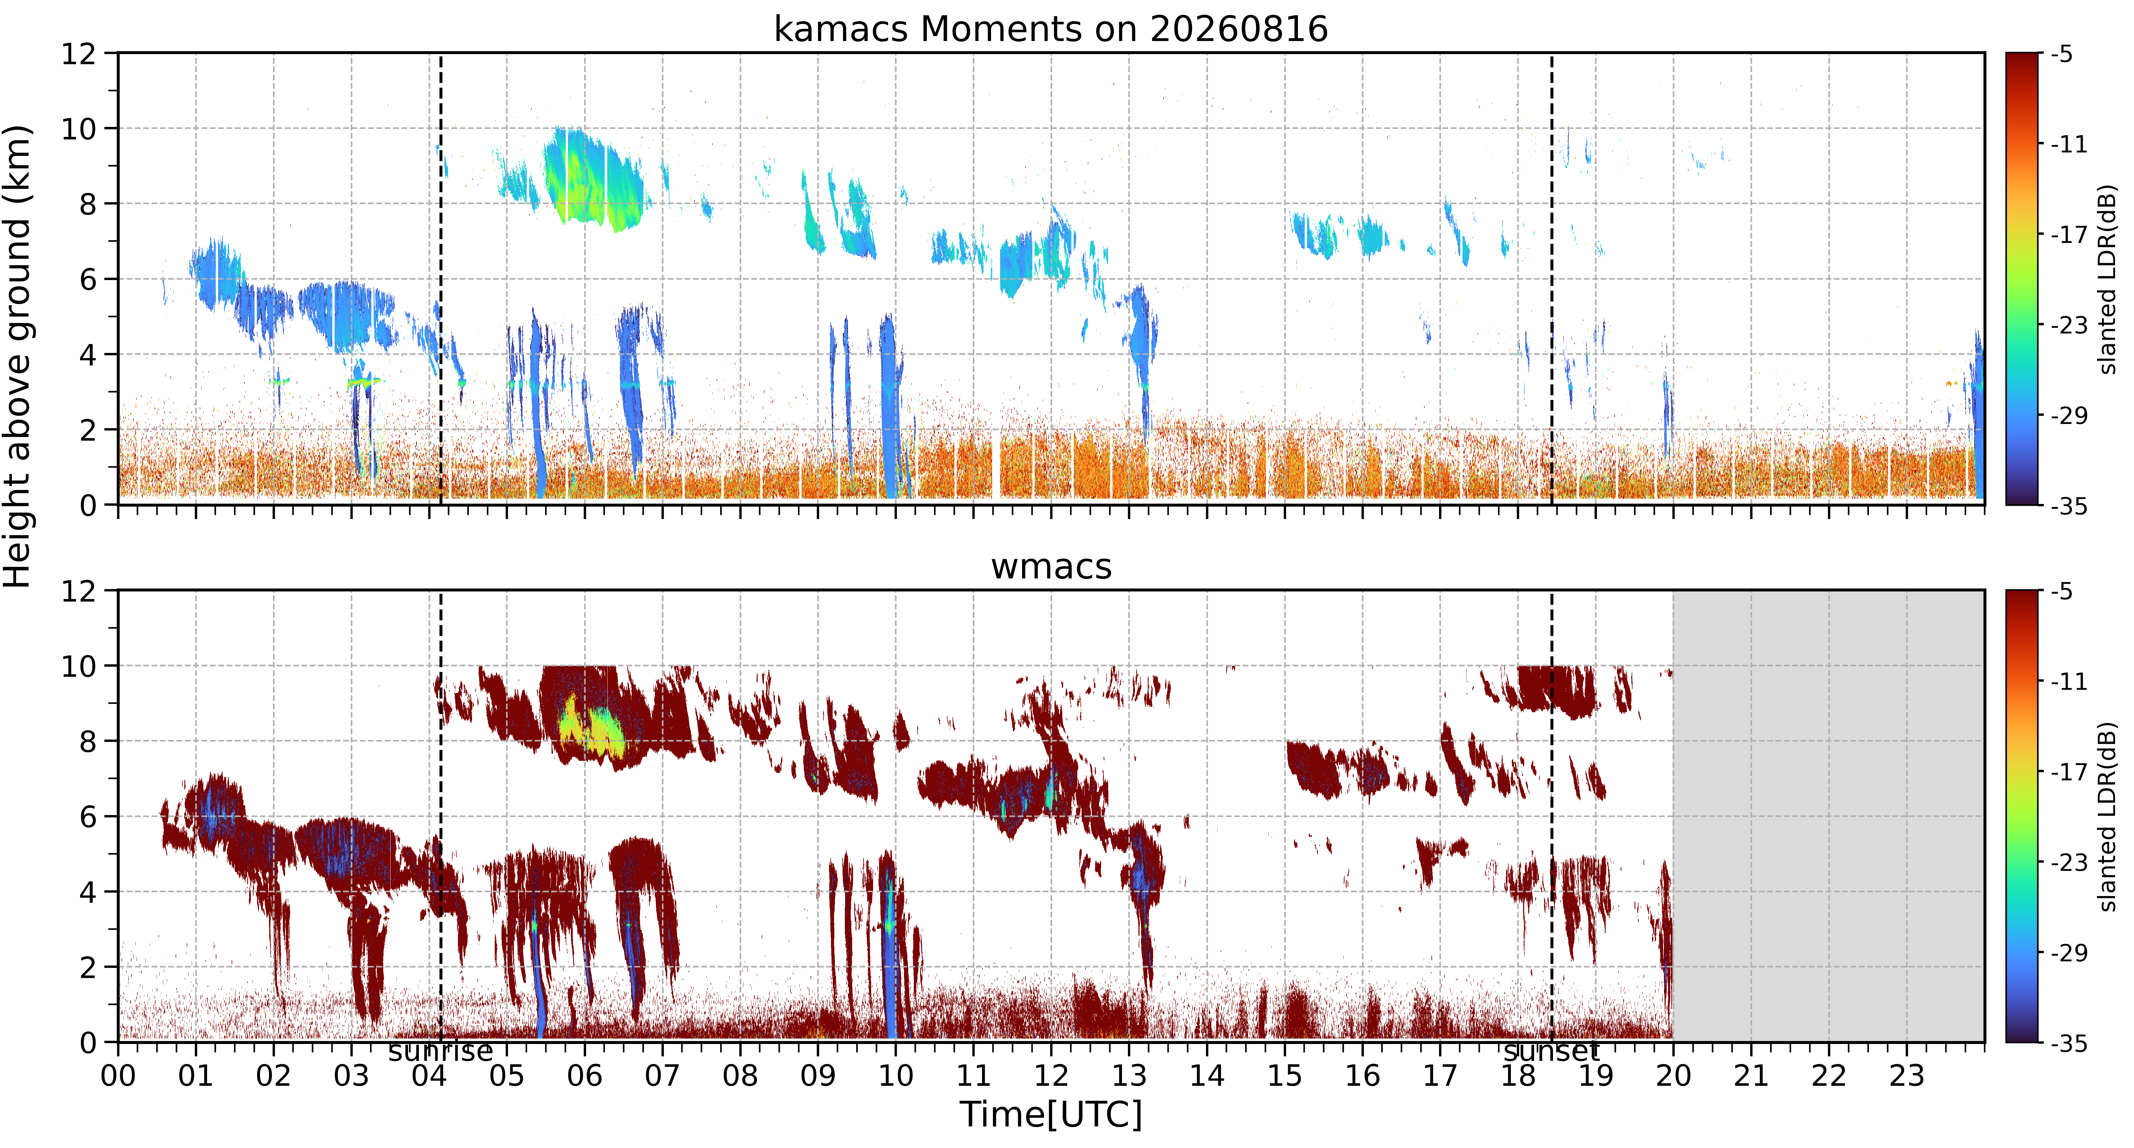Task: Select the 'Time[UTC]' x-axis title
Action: coord(1050,1114)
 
